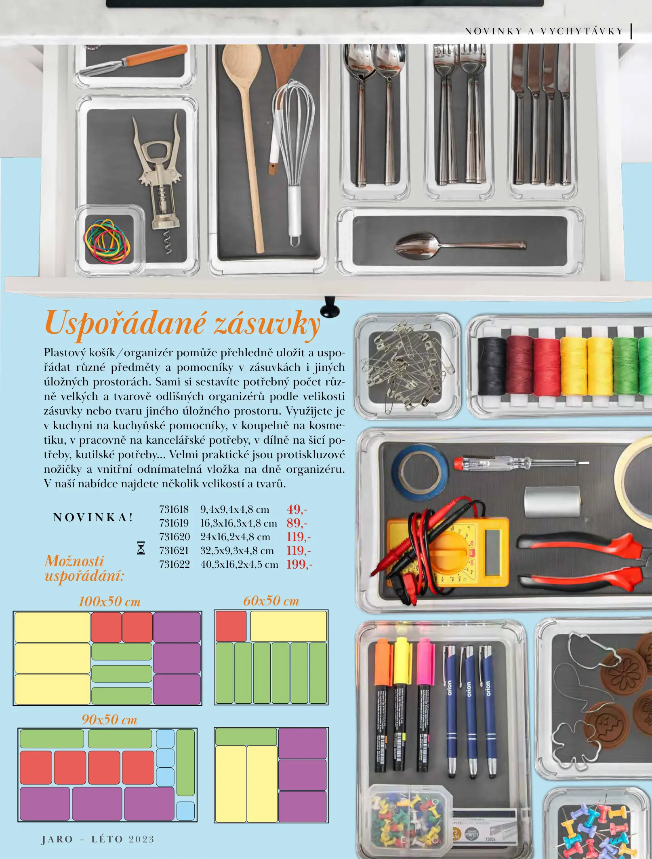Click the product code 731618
coord(174,509)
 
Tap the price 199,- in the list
coord(299,564)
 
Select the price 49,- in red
coord(297,509)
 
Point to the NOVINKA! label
coord(93,517)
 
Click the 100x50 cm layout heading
coord(109,602)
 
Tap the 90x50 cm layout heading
coord(109,719)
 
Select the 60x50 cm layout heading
coord(271,601)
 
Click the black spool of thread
coord(492,366)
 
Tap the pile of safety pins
coord(406,366)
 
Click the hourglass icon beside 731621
coord(141,548)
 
